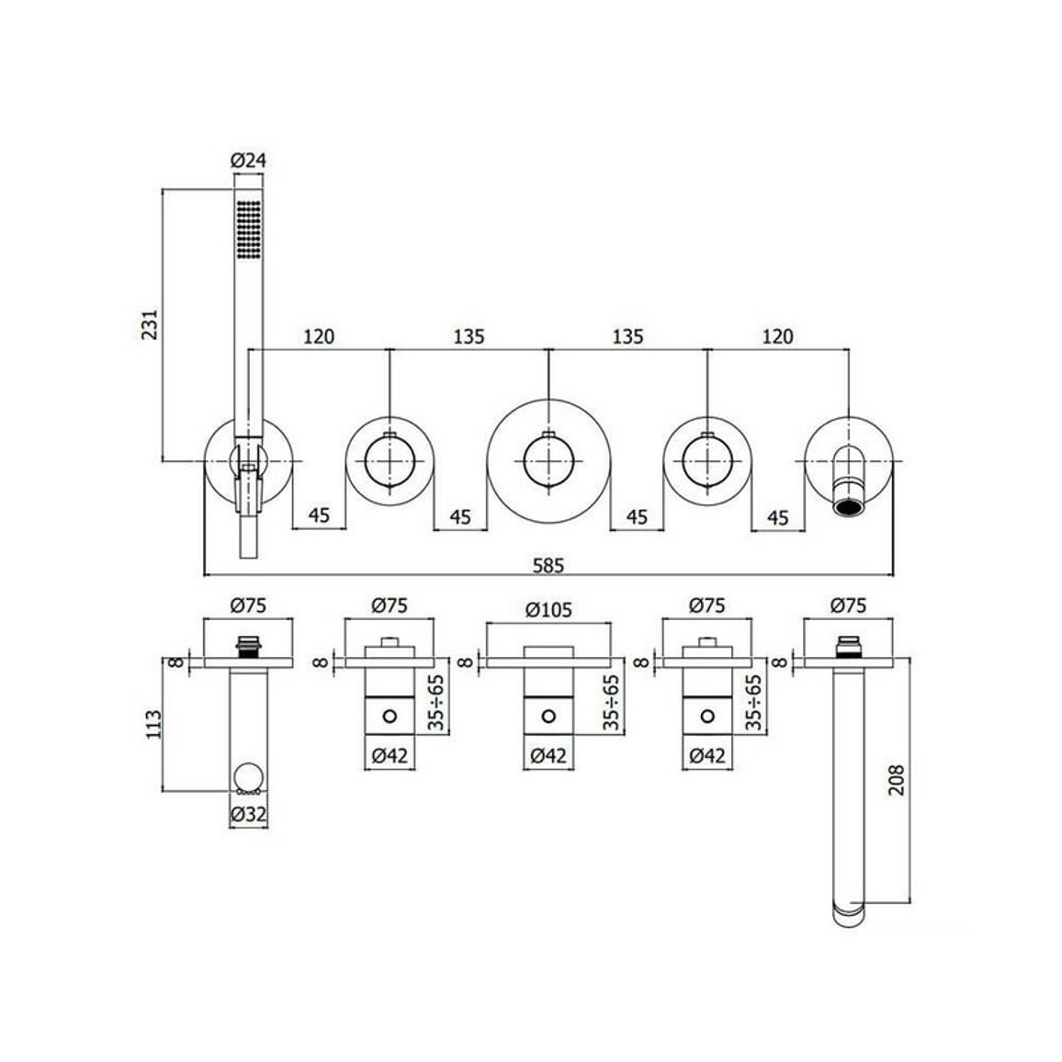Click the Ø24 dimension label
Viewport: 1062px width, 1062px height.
pos(249,161)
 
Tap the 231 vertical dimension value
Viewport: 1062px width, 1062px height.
pos(151,324)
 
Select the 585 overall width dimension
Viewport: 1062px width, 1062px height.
pos(548,565)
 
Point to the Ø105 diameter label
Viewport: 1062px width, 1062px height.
pos(548,610)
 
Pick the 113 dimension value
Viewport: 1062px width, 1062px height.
pos(153,724)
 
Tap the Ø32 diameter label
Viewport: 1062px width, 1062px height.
pos(249,815)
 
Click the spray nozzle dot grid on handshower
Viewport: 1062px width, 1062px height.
pos(249,228)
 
